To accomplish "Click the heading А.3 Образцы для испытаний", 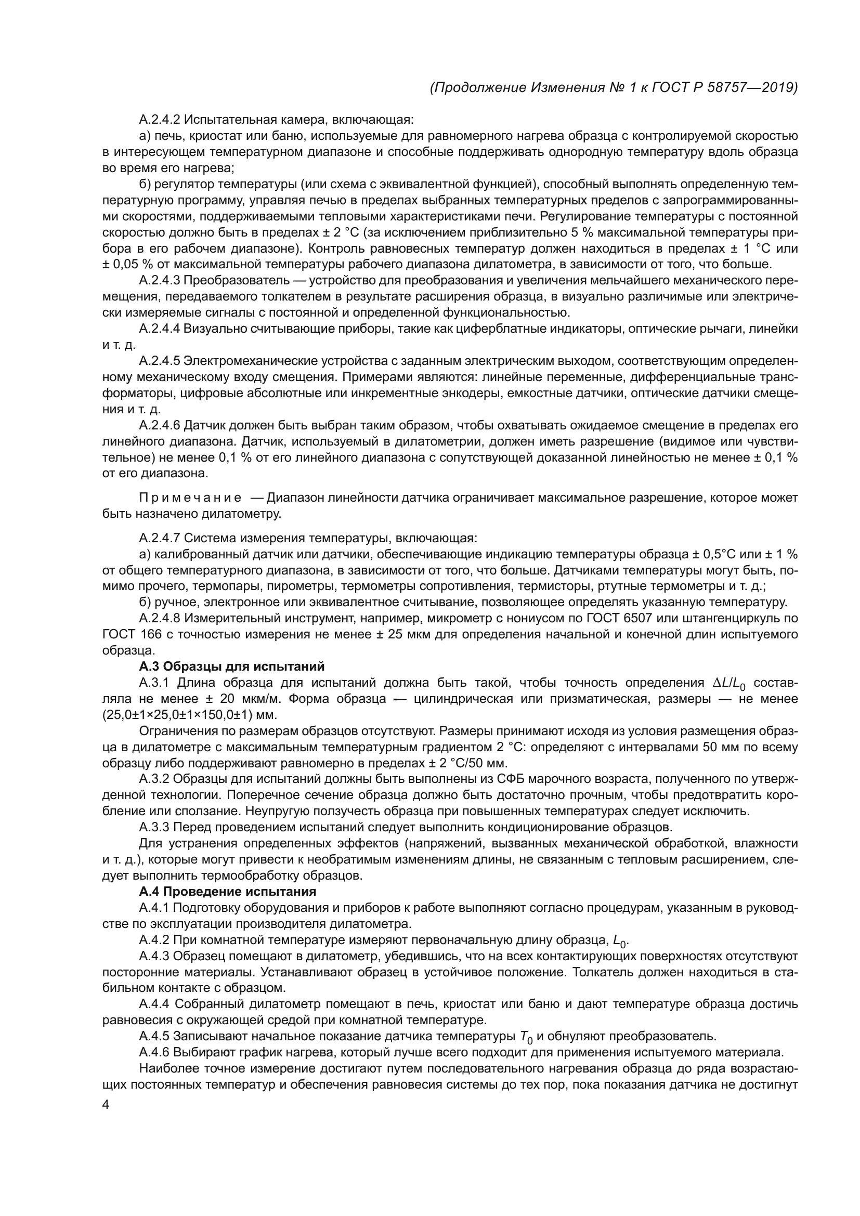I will [x=231, y=666].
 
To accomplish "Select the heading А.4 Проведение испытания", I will [x=227, y=892].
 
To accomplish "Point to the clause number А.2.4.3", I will [x=160, y=281].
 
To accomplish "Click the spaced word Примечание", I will [x=190, y=498].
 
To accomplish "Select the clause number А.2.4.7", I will [x=160, y=538].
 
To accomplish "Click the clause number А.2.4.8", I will [x=160, y=618].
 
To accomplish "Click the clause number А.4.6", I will [x=154, y=1052].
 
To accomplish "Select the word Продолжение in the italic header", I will [x=478, y=88].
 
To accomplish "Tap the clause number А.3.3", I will [x=154, y=827].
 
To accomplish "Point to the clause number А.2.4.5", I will [x=160, y=361].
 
